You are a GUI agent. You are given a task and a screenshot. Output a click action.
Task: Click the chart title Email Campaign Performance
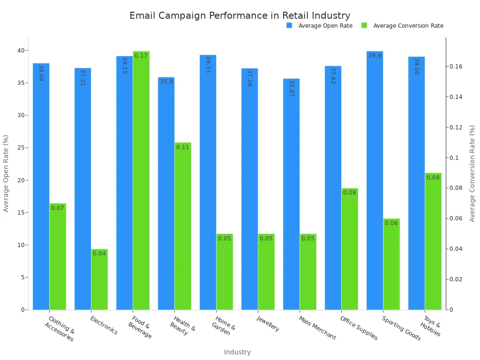240,15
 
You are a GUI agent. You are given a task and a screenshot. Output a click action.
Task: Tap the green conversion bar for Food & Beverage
141,180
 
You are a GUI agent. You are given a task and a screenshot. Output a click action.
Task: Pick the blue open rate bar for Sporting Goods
375,180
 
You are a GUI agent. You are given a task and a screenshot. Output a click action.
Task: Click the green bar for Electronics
99,279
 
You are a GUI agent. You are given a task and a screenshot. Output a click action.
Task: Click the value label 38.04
41,73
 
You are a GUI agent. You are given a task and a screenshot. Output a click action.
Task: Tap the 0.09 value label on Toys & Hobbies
433,178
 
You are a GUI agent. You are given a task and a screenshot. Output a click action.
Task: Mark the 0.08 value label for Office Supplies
350,193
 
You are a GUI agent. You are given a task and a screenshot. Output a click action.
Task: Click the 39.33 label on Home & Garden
208,64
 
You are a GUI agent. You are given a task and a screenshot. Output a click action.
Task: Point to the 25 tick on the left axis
21,148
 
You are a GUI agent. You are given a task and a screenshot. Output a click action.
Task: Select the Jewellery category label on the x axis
268,323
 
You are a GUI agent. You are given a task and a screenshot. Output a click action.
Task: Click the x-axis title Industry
237,352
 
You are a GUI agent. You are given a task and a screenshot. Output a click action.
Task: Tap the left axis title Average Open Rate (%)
6,173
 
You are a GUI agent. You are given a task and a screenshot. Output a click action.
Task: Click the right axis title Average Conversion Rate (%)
472,173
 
